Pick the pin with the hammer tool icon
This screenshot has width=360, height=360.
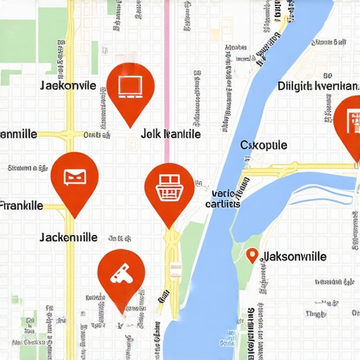point(121,276)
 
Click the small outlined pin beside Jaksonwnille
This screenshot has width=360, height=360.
point(252,256)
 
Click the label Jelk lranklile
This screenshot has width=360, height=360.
point(171,134)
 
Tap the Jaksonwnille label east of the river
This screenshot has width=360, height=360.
point(294,257)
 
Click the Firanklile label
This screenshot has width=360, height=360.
point(22,206)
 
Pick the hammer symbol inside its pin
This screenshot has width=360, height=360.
point(121,273)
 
